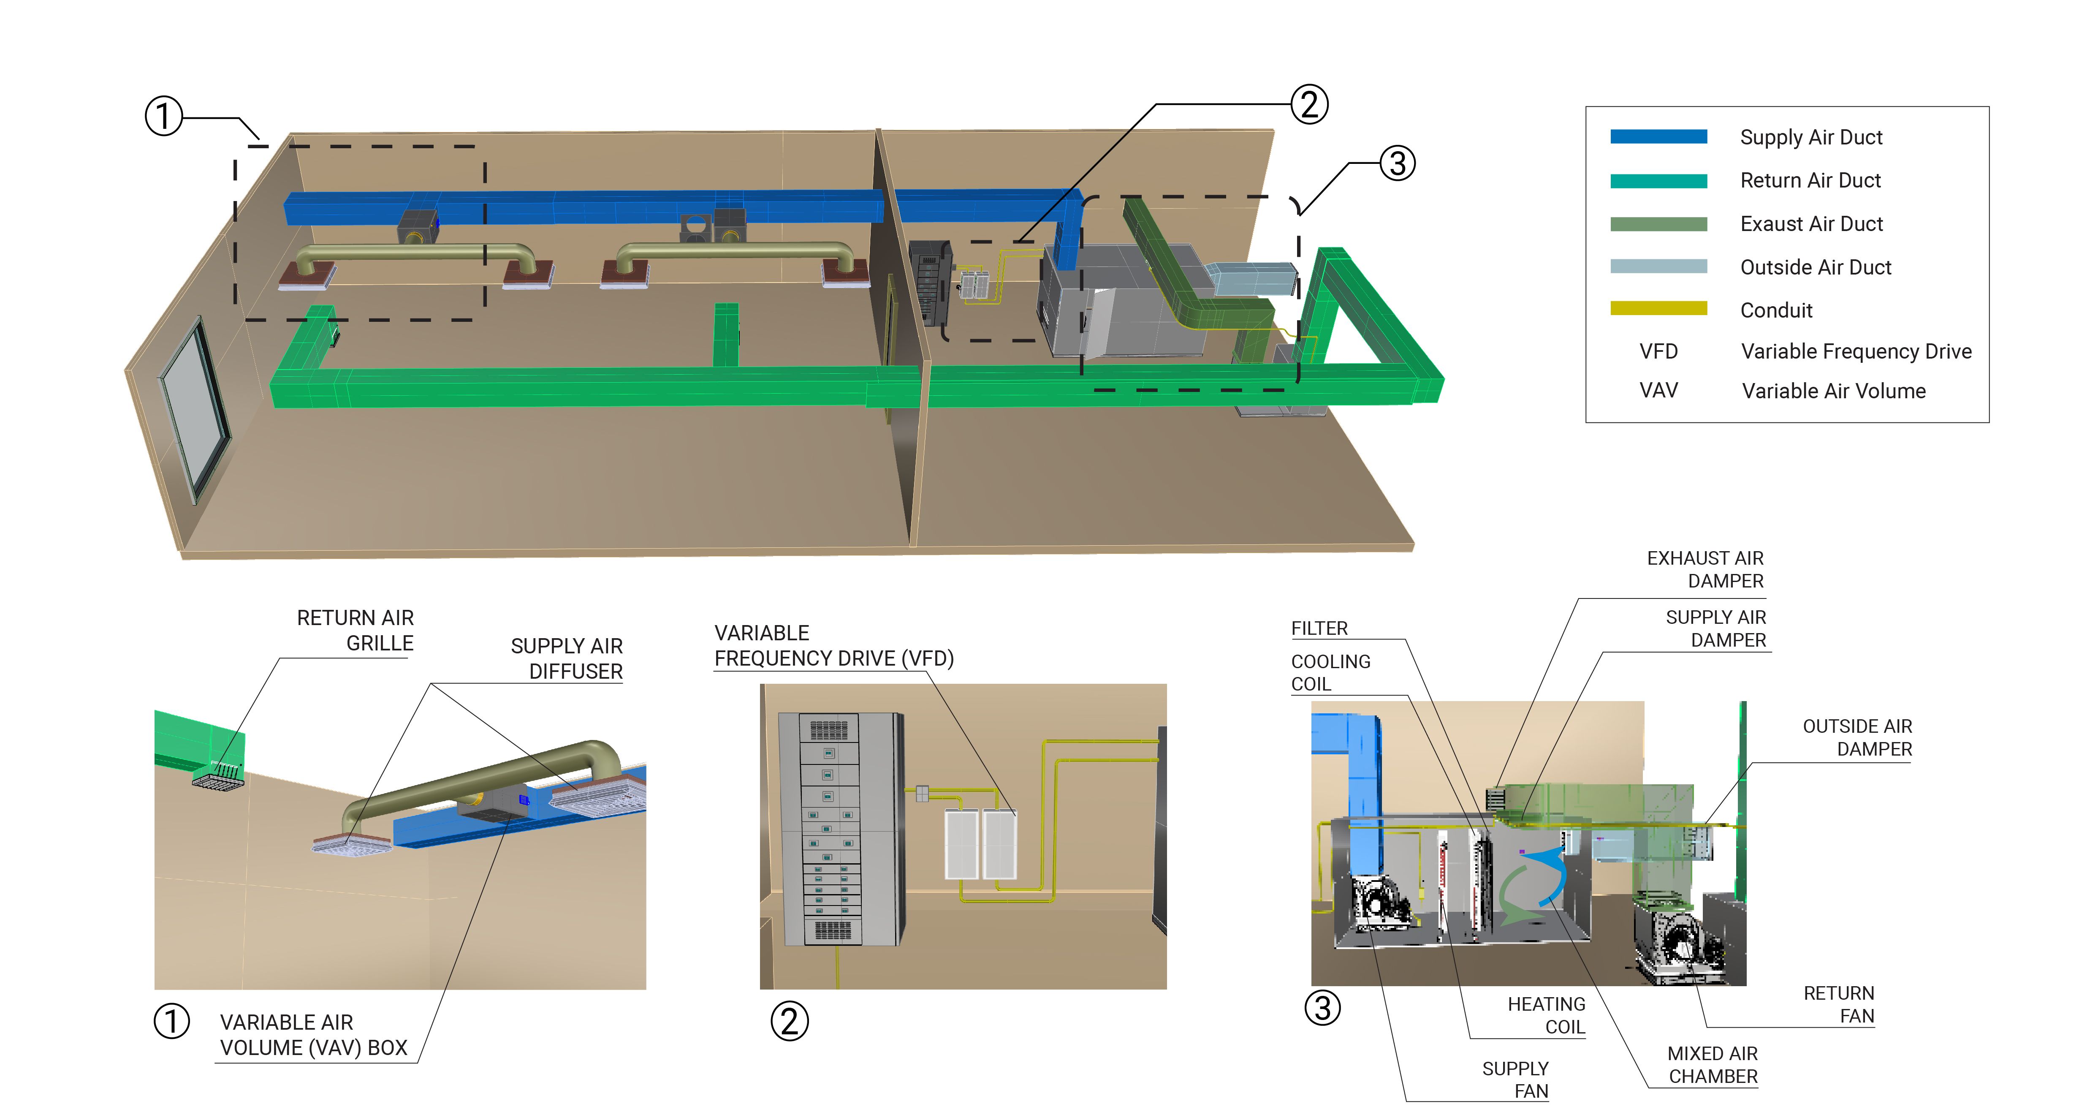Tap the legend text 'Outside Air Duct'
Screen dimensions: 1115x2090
click(1815, 267)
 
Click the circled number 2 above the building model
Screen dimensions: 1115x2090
click(1309, 105)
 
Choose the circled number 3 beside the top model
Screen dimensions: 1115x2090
click(1397, 163)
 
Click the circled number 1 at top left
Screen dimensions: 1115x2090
click(163, 116)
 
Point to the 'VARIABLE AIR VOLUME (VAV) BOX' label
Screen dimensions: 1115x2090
click(313, 1035)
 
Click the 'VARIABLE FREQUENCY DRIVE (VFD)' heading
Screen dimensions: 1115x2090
click(833, 645)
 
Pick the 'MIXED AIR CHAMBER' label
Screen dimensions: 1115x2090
click(1712, 1065)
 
